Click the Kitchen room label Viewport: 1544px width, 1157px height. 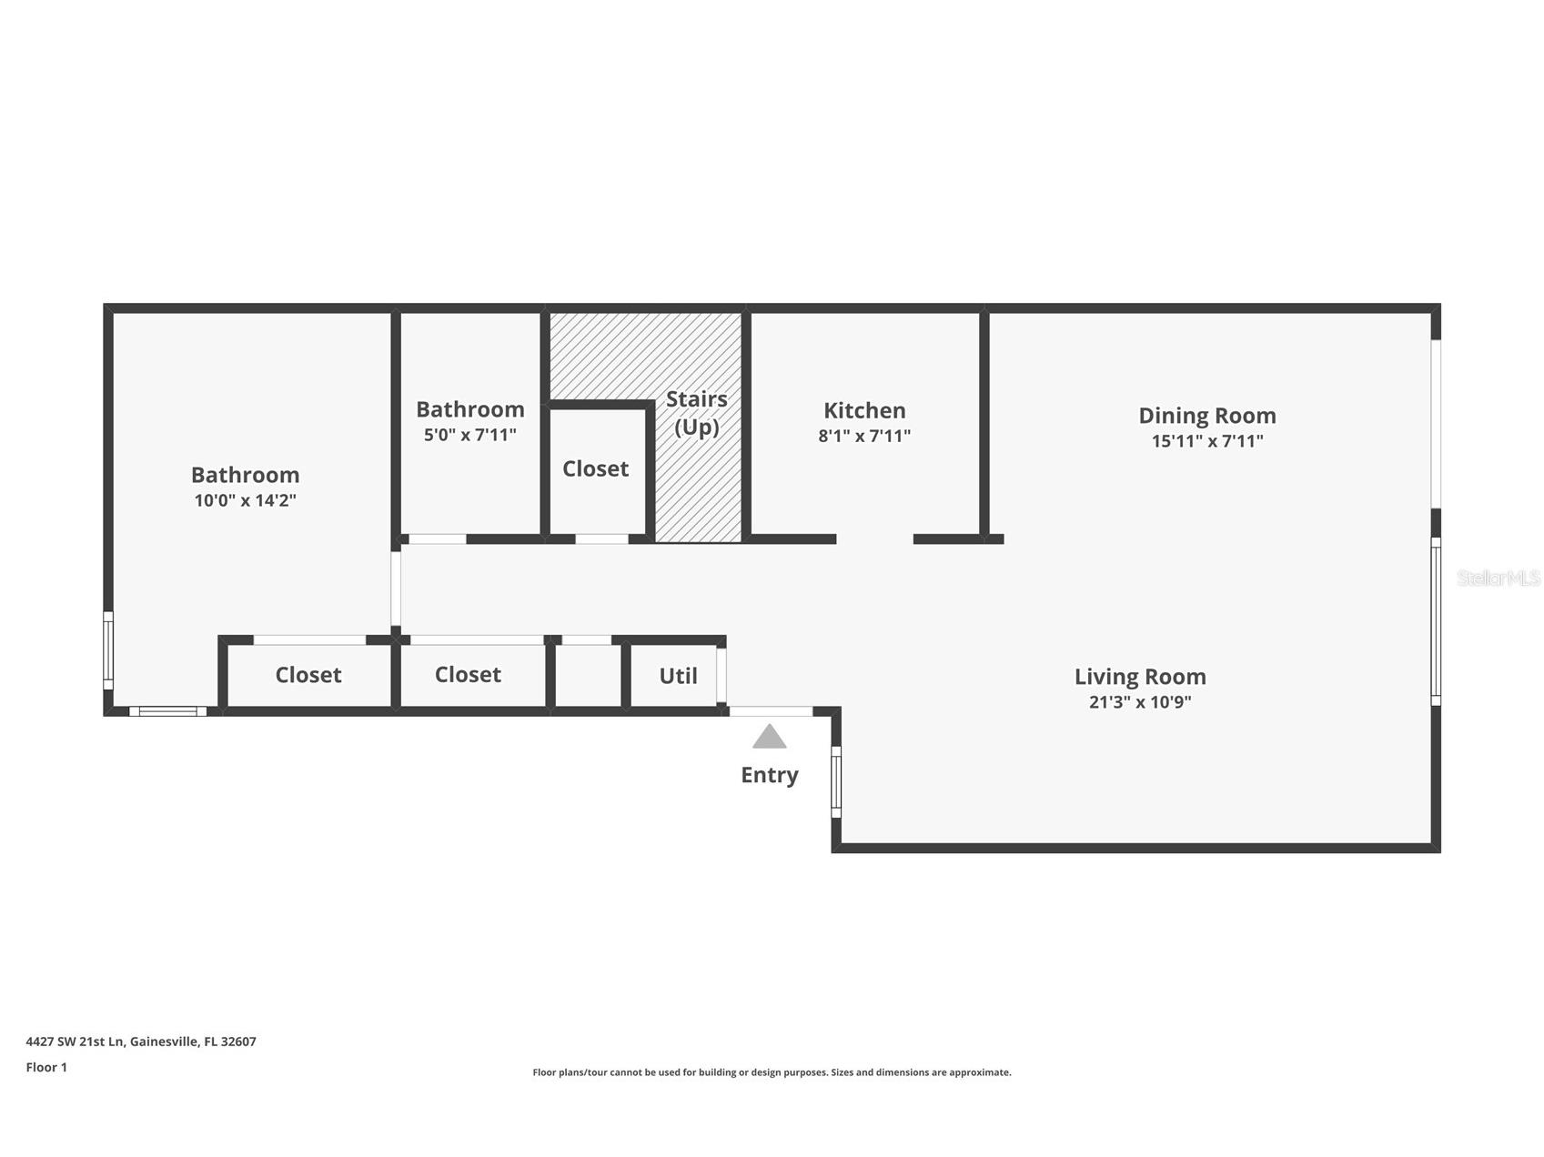click(864, 410)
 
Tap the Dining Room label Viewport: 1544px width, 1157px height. click(1207, 416)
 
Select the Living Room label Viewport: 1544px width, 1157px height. click(1140, 677)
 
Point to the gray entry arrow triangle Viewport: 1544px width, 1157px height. click(770, 736)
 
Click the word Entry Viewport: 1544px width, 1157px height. click(770, 775)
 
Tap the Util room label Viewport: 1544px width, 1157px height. click(678, 676)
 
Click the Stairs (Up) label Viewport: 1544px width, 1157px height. click(697, 413)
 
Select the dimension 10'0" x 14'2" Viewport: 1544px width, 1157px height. click(246, 500)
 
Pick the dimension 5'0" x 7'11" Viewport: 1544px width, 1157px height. click(470, 435)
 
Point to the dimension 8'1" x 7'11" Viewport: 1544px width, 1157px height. click(864, 436)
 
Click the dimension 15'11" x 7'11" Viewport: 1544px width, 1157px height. click(1207, 441)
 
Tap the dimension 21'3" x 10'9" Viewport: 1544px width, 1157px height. click(1140, 702)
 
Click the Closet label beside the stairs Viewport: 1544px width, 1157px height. click(595, 468)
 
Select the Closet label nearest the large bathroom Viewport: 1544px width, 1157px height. click(308, 675)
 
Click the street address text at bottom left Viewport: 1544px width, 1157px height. click(141, 1041)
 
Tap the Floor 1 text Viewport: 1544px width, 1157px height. click(46, 1067)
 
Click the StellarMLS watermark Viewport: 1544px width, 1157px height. click(1499, 578)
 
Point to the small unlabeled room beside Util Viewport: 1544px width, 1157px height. click(588, 676)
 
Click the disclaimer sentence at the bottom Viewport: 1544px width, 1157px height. click(772, 1072)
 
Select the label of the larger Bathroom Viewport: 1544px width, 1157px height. click(245, 475)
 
